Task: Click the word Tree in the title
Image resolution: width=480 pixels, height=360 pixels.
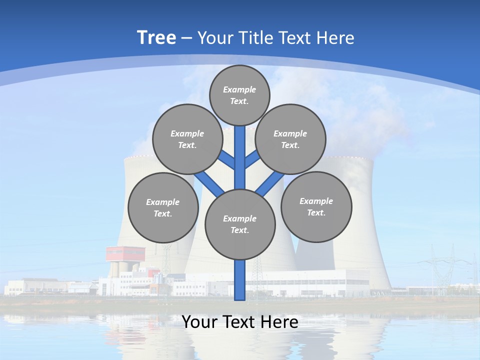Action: point(156,37)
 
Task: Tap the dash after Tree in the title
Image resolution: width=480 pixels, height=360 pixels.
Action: point(186,38)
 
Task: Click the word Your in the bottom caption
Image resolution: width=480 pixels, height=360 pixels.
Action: point(199,322)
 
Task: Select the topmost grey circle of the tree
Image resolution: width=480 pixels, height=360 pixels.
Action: point(239,95)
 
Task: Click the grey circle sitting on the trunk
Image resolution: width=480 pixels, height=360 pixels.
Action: point(240,224)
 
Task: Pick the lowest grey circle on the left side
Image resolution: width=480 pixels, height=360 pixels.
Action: point(163,208)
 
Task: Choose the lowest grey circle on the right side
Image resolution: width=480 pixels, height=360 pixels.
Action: point(316,207)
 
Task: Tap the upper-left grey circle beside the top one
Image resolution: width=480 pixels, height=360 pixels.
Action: point(187,139)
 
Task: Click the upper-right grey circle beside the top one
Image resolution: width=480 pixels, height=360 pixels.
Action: point(290,139)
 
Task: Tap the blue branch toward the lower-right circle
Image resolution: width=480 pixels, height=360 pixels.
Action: point(270,183)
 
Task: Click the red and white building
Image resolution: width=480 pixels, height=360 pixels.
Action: point(125,254)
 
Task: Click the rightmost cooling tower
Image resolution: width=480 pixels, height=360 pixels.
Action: point(360,220)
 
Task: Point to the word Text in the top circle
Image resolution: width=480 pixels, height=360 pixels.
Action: point(239,101)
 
